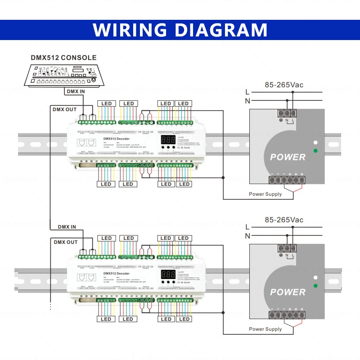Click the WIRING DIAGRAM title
[180, 29]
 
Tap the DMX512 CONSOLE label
[63, 58]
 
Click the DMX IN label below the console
[76, 91]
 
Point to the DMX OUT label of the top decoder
[65, 109]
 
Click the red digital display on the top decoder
[168, 139]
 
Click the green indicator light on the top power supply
[316, 150]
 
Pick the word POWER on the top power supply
[288, 157]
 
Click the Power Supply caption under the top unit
[265, 194]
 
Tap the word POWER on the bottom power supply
[288, 292]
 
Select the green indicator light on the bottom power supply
[316, 285]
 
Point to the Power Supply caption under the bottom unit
[265, 329]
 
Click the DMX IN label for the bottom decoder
[67, 227]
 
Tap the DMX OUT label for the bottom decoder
[66, 242]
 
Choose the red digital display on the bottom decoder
[168, 274]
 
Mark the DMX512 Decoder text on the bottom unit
[116, 274]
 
